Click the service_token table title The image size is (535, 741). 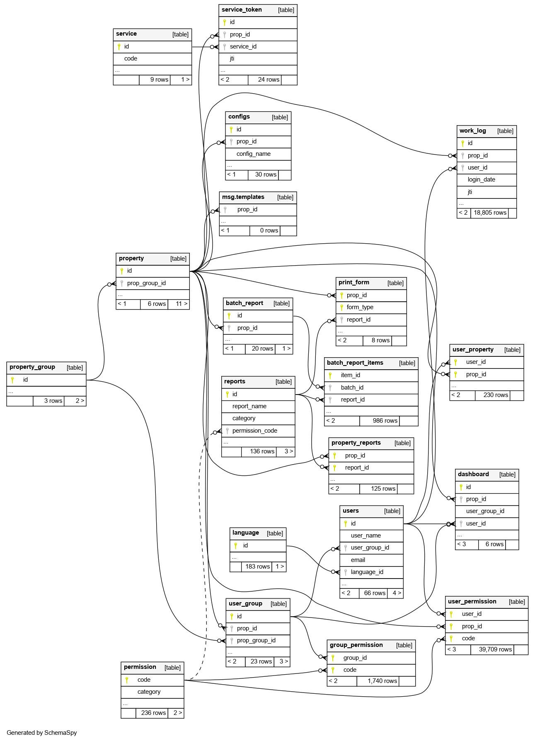242,10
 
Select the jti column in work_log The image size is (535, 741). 470,192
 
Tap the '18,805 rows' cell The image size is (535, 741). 490,213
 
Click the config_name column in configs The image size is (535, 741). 253,154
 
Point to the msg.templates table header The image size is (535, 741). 243,197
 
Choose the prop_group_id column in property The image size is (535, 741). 146,283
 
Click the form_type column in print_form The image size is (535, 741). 360,307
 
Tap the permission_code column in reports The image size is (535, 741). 254,431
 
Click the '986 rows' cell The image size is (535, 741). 385,421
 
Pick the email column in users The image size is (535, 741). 358,560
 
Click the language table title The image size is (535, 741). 246,533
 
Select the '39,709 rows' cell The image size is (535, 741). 495,649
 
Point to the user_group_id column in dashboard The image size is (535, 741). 485,511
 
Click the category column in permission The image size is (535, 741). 149,692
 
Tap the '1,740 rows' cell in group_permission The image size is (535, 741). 382,681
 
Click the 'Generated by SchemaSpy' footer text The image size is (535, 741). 42,733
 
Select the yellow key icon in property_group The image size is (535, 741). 12,380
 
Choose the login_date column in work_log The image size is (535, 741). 481,179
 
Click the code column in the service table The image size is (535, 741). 131,58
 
